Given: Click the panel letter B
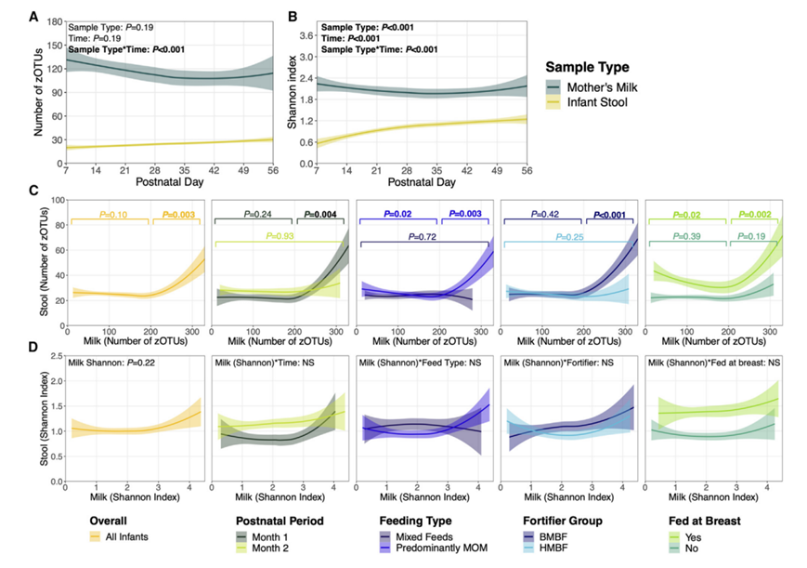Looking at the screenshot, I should tap(293, 17).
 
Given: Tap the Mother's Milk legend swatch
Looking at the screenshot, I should tap(556, 85).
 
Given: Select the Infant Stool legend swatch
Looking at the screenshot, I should tap(556, 101).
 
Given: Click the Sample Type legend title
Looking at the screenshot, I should tap(588, 67).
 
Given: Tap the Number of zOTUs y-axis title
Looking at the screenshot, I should tap(38, 90).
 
